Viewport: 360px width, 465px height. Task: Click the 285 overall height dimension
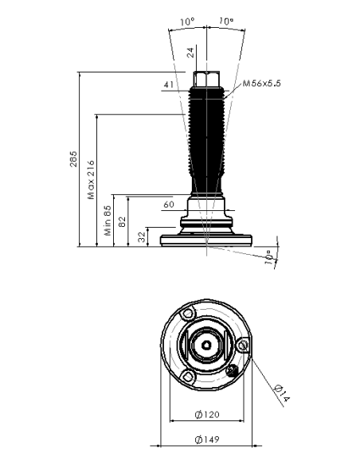(x=73, y=159)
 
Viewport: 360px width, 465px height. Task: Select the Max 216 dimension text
(x=91, y=180)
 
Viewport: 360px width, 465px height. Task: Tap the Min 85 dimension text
(x=108, y=221)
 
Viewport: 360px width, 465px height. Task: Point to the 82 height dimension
(x=122, y=222)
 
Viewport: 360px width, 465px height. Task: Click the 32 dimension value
(x=143, y=237)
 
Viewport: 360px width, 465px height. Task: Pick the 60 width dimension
(x=169, y=205)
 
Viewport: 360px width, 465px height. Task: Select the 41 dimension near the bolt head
(x=169, y=84)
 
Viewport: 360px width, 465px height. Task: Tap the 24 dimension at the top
(x=190, y=53)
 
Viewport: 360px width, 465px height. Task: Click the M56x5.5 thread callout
(x=261, y=84)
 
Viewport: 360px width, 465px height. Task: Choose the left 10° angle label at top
(x=187, y=21)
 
